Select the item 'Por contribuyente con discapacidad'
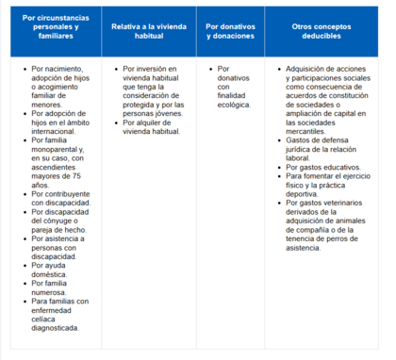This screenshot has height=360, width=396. click(x=57, y=198)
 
